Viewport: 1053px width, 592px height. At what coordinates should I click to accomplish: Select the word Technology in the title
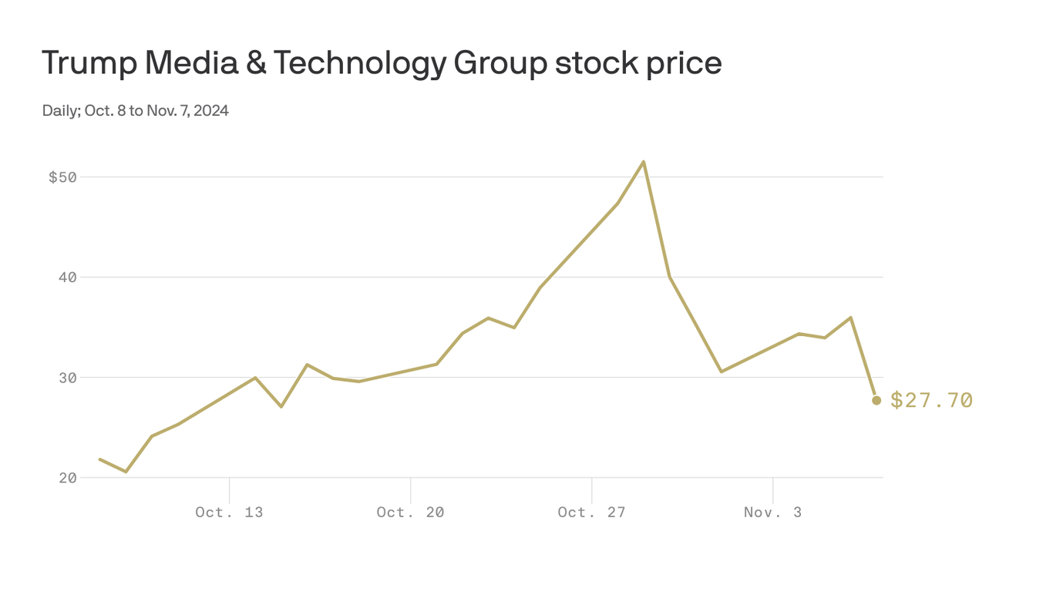(359, 63)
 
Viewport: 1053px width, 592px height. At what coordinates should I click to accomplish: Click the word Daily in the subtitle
(59, 111)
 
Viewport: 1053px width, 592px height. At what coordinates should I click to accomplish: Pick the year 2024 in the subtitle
(211, 111)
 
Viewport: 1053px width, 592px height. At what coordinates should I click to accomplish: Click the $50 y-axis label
(62, 177)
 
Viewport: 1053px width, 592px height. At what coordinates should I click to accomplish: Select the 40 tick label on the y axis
(68, 277)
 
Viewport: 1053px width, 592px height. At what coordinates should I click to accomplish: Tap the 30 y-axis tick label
(68, 378)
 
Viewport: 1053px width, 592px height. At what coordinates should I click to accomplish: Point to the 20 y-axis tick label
(68, 478)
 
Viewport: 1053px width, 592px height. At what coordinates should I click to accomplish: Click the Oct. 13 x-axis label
(229, 512)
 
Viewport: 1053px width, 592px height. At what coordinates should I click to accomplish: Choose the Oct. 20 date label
(410, 512)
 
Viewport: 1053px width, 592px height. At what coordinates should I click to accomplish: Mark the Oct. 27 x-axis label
(591, 512)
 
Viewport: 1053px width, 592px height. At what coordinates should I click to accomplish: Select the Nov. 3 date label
(772, 512)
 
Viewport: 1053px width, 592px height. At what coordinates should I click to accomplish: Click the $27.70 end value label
(931, 400)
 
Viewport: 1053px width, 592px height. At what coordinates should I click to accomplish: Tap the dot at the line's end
(876, 400)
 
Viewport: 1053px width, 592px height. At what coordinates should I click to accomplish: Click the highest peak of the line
(644, 162)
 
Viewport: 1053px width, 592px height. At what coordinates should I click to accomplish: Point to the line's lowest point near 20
(126, 471)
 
